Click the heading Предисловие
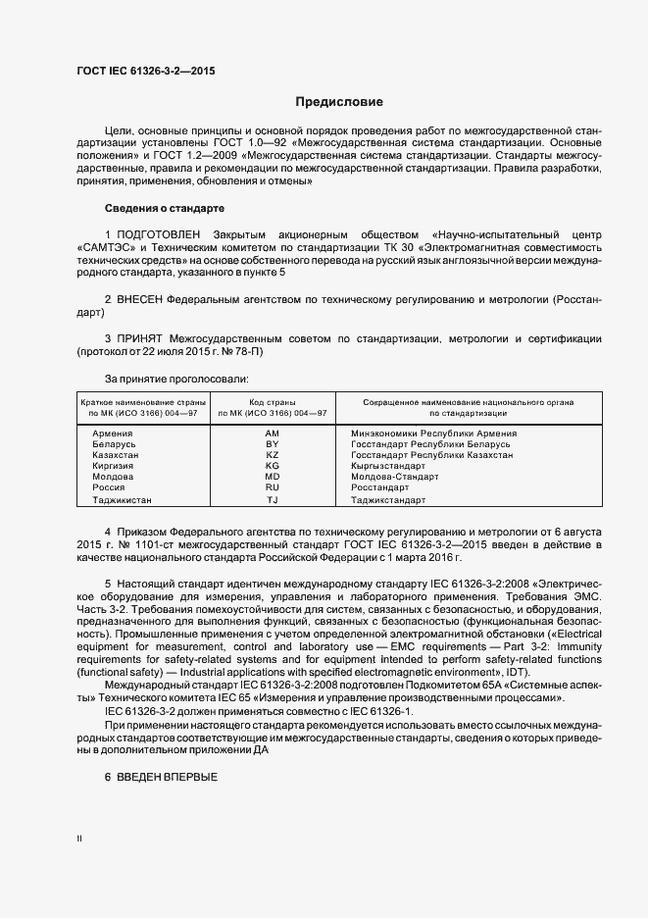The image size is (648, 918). tap(339, 102)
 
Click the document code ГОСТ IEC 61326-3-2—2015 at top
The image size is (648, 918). tap(146, 72)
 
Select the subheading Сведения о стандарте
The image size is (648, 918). tap(165, 209)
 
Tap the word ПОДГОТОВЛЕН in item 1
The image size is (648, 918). tap(160, 236)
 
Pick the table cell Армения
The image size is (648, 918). tap(113, 433)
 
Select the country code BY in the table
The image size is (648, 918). tap(273, 444)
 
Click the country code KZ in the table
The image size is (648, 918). tap(273, 455)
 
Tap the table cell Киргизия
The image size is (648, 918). tap(114, 466)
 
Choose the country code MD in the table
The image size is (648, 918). tap(273, 477)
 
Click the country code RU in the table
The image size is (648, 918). tap(273, 487)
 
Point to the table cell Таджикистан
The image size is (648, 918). tap(122, 499)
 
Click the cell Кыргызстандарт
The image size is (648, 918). tap(388, 466)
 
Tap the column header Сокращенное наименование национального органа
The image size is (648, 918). tap(469, 402)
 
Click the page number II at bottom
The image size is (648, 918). tap(79, 840)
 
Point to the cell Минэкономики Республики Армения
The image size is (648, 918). tap(433, 433)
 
